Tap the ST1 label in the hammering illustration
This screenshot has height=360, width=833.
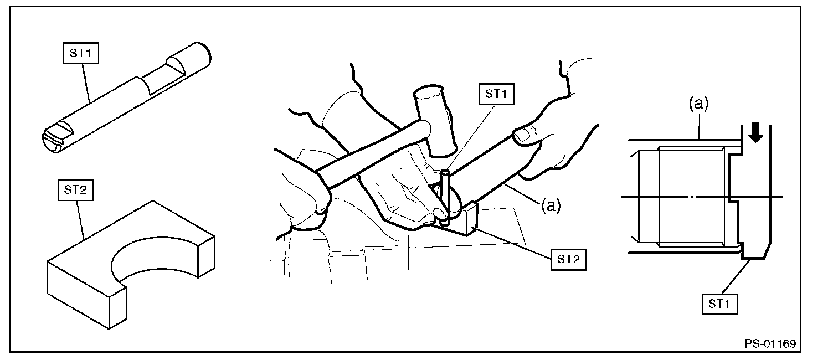point(496,94)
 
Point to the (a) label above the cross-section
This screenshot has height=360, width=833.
point(698,104)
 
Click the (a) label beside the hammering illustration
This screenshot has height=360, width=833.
point(551,205)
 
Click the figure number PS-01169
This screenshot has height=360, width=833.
point(770,344)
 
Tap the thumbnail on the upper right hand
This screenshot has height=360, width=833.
point(526,135)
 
